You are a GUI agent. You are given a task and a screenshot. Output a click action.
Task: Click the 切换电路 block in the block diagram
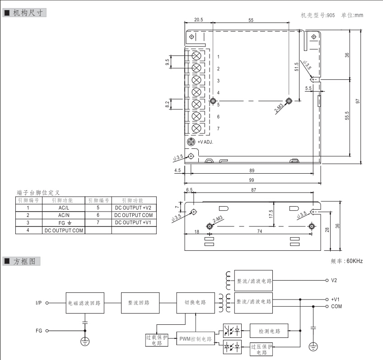[x=195, y=303]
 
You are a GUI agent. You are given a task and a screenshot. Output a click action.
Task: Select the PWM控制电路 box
[x=195, y=338]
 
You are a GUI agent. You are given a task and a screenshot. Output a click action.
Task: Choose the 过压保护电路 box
[x=262, y=349]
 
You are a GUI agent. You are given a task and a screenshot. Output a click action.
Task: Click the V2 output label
[x=334, y=280]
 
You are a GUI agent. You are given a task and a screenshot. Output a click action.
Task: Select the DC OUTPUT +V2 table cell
[x=134, y=208]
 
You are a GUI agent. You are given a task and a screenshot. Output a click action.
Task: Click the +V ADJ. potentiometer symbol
[x=191, y=142]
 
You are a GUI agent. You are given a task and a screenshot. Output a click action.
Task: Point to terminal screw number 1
[x=196, y=55]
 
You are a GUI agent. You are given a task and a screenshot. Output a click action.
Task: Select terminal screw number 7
[x=196, y=129]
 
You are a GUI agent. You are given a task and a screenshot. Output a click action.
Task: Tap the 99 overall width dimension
[x=252, y=180]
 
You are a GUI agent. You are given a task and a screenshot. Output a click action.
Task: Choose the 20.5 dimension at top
[x=199, y=20]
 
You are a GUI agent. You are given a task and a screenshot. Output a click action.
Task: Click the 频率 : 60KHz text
[x=346, y=261]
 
